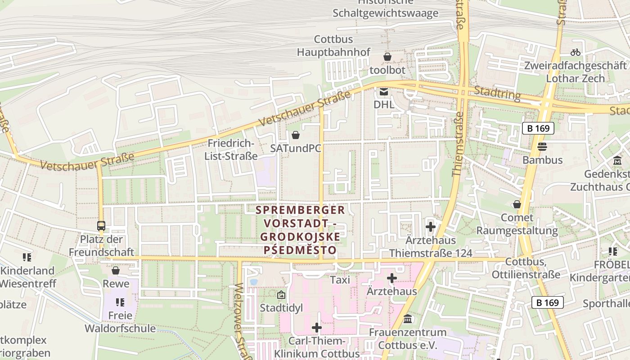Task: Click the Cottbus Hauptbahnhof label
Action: click(333, 46)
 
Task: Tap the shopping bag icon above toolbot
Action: click(387, 57)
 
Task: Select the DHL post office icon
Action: click(383, 92)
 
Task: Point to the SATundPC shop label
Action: click(296, 148)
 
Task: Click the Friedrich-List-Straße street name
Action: click(231, 150)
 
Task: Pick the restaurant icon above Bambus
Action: click(542, 147)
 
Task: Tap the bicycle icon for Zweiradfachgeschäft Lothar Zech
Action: click(575, 52)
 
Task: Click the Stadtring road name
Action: click(497, 94)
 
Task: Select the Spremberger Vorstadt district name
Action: click(300, 229)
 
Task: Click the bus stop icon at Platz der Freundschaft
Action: click(101, 226)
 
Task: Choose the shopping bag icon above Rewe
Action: click(116, 270)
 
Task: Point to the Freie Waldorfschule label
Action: click(120, 322)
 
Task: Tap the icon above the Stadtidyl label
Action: click(281, 295)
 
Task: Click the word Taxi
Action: click(340, 280)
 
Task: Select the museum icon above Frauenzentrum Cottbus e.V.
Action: click(408, 319)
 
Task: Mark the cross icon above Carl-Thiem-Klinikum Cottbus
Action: click(317, 328)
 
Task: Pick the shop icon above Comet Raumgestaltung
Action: click(517, 204)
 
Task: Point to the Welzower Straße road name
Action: click(241, 322)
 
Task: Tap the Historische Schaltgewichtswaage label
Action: click(385, 9)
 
